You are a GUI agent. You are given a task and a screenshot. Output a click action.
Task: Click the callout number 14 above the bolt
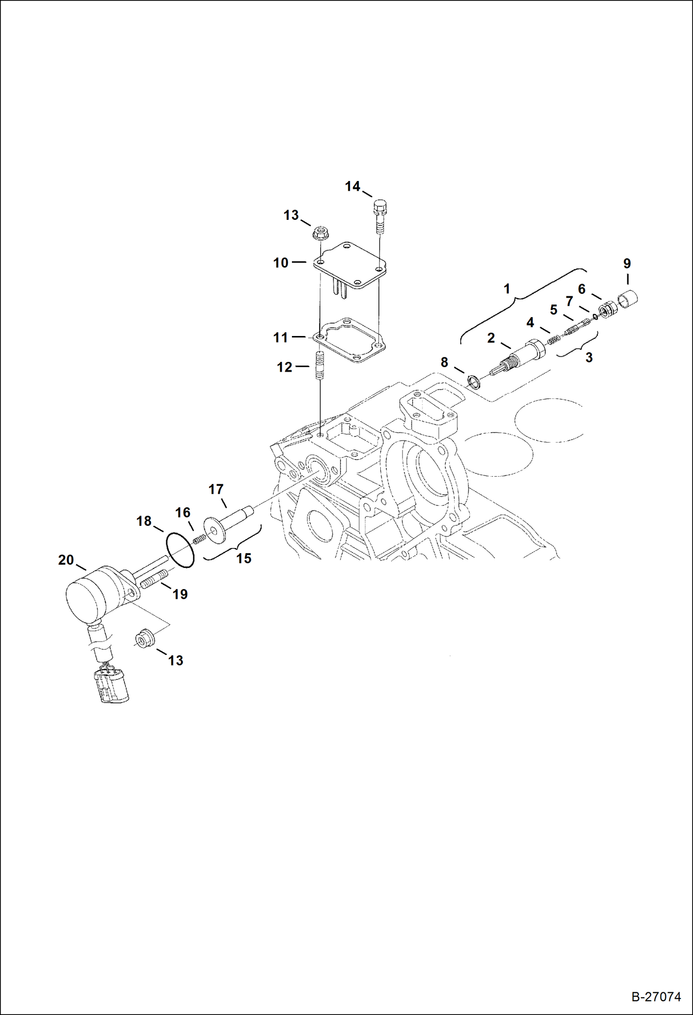[352, 187]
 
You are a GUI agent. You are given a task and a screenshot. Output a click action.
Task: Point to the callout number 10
[280, 263]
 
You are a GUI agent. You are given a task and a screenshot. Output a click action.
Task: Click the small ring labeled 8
[474, 382]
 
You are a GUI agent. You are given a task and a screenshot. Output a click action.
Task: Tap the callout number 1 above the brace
[507, 289]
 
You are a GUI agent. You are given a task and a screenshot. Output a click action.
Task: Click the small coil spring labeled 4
[554, 340]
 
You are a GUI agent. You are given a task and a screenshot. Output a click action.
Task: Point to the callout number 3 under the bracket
[588, 357]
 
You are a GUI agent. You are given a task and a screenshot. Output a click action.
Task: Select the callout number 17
[216, 489]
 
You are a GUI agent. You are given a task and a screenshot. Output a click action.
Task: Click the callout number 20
[66, 560]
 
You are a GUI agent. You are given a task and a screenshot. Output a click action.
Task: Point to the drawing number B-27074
[656, 996]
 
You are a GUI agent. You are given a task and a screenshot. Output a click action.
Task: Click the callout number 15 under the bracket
[243, 558]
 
